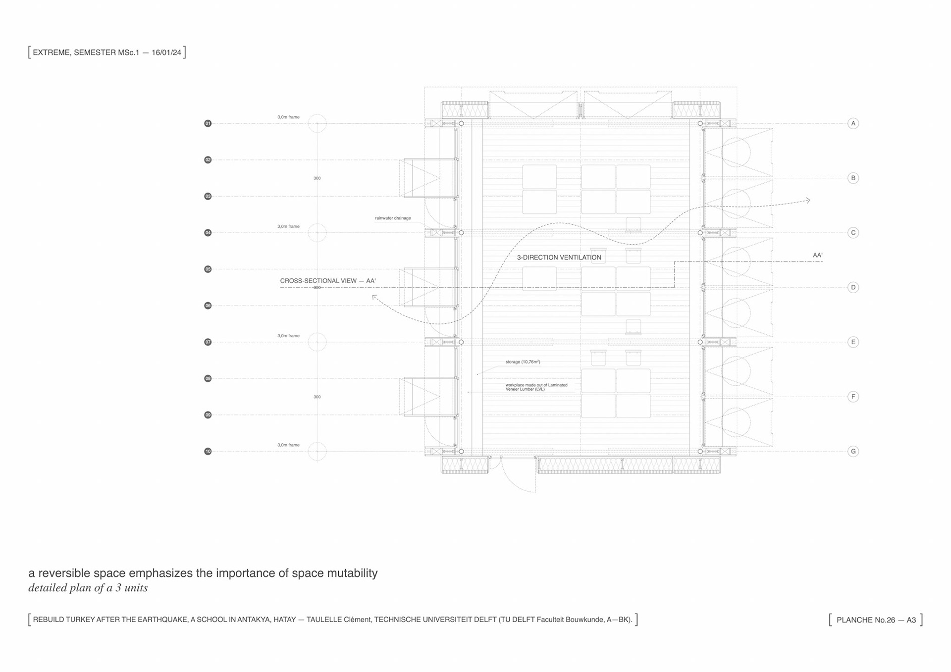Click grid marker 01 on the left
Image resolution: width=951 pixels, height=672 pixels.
click(x=208, y=123)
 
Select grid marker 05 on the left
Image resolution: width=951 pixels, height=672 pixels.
click(x=208, y=269)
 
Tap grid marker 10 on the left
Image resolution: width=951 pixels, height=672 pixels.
click(x=208, y=451)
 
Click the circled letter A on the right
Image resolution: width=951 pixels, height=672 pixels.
click(x=853, y=123)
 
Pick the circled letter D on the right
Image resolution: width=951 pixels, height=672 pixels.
click(x=853, y=287)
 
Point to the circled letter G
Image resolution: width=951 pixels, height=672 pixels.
click(x=853, y=451)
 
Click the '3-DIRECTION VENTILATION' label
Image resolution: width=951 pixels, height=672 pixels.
click(x=559, y=258)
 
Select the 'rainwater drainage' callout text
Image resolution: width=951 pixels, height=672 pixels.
click(x=393, y=218)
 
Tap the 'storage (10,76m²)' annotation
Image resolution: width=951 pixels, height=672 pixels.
click(x=523, y=362)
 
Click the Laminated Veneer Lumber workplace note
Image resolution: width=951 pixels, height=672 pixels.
click(x=536, y=387)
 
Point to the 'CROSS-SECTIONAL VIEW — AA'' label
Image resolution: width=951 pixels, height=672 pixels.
click(x=328, y=281)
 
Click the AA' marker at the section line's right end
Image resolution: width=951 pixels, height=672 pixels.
click(x=817, y=256)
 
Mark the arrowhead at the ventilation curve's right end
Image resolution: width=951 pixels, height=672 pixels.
click(x=808, y=201)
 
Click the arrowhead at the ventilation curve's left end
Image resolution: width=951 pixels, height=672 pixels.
click(x=374, y=297)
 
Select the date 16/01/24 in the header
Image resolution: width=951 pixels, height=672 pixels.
click(x=166, y=52)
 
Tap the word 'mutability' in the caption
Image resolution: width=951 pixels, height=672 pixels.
click(x=352, y=573)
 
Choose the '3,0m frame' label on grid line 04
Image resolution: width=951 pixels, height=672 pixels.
click(x=288, y=226)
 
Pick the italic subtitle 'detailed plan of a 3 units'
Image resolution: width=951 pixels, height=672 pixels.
click(x=88, y=588)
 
